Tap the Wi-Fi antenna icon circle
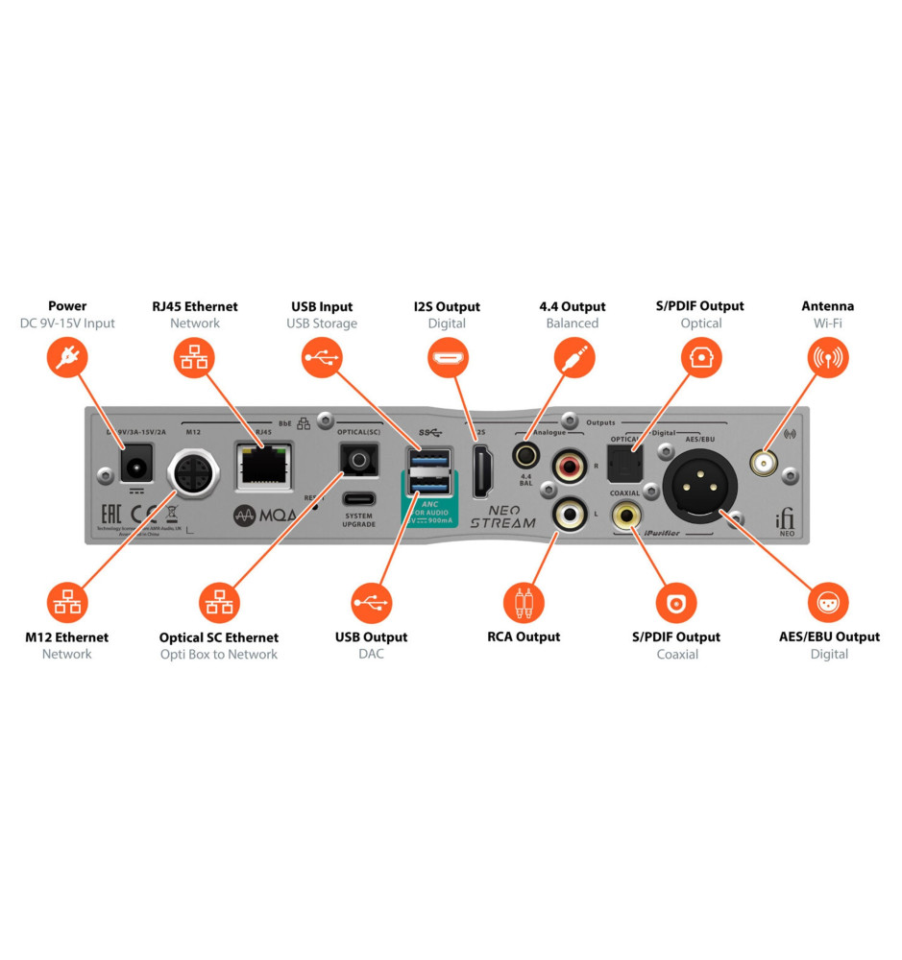[x=827, y=359]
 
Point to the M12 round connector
[x=195, y=475]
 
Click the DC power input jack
[x=135, y=468]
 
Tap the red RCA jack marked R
[x=567, y=468]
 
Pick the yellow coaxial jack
[x=627, y=515]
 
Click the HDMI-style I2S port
[x=482, y=472]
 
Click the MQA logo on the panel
[x=269, y=515]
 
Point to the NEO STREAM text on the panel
[x=502, y=517]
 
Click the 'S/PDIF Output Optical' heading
[x=700, y=306]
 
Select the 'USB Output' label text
[x=371, y=636]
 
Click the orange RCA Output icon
[x=524, y=603]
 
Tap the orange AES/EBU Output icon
[x=828, y=603]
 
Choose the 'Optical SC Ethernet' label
[x=219, y=637]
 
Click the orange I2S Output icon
[x=447, y=359]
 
